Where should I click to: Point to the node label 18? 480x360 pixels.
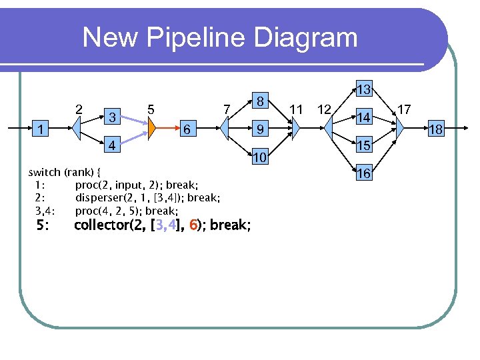tap(435, 129)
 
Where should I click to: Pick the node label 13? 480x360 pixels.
tap(363, 89)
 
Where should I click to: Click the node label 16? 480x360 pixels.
tap(363, 174)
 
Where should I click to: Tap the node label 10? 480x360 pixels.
tap(260, 157)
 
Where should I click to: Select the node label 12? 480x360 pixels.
tap(325, 109)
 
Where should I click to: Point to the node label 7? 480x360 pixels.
tap(227, 109)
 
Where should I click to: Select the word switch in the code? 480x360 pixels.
tap(45, 172)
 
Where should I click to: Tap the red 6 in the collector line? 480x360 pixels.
tap(193, 225)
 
